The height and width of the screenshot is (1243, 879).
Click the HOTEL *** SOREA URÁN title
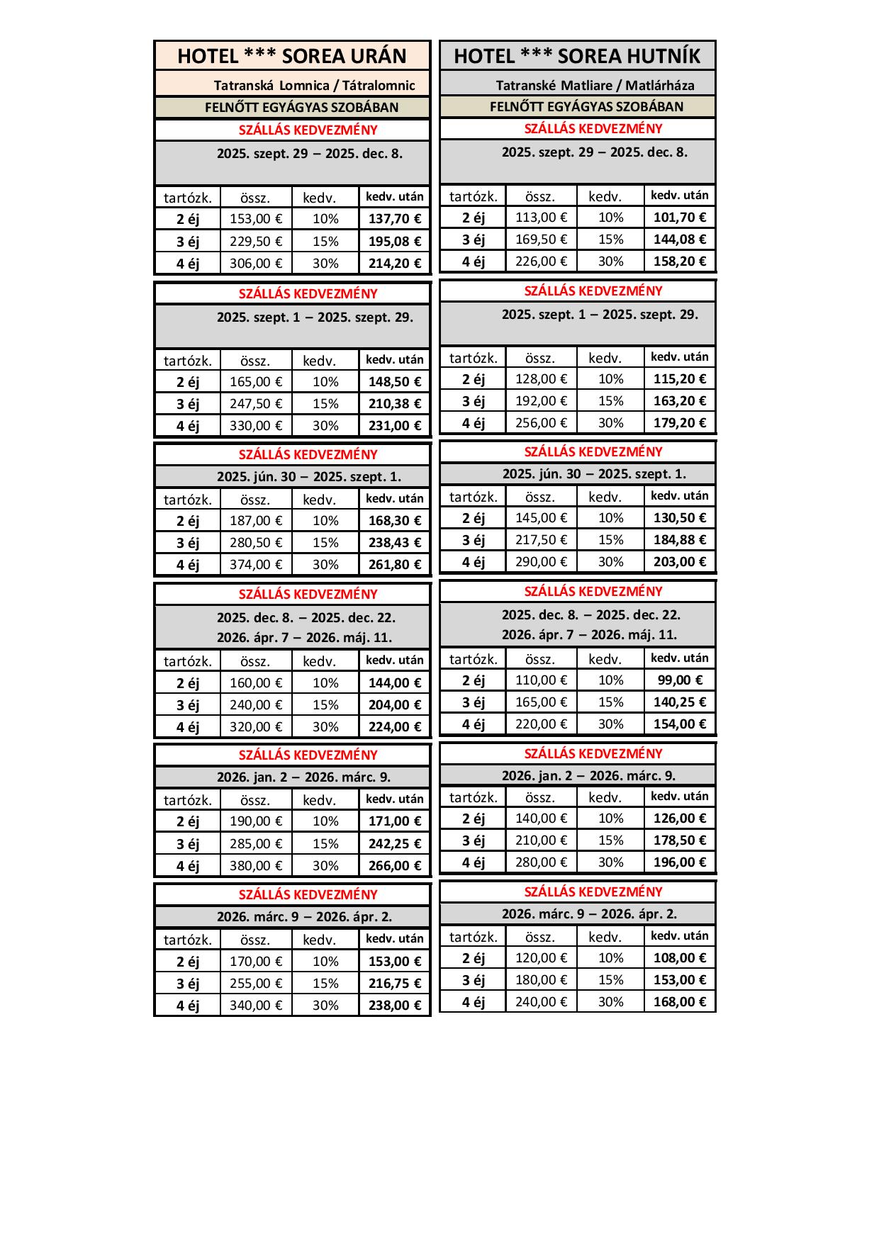point(292,56)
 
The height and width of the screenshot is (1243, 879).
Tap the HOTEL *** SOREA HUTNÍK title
point(577,56)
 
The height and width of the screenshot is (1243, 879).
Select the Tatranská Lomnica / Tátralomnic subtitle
point(314,86)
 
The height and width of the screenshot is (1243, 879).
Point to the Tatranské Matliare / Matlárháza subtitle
point(595,86)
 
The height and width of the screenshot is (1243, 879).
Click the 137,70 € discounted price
point(395,219)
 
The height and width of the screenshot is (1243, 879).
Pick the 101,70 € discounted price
point(680,218)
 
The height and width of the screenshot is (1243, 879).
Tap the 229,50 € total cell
point(256,241)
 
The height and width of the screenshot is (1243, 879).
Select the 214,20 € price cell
point(395,263)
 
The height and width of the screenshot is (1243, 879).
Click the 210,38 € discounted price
point(395,403)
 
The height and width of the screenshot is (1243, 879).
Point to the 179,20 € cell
point(680,422)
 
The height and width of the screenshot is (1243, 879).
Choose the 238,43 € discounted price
point(395,542)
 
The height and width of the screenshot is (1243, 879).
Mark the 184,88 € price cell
point(680,539)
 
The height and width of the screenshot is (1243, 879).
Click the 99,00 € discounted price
point(680,680)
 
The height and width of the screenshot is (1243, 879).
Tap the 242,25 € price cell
point(395,843)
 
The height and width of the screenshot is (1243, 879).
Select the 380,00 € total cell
point(256,865)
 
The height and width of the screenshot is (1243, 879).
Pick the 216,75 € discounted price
point(395,983)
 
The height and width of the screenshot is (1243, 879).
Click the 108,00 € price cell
point(680,957)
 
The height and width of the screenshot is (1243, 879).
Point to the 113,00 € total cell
point(542,218)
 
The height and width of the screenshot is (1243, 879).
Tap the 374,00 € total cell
point(256,564)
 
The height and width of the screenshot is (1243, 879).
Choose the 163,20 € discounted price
point(680,400)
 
